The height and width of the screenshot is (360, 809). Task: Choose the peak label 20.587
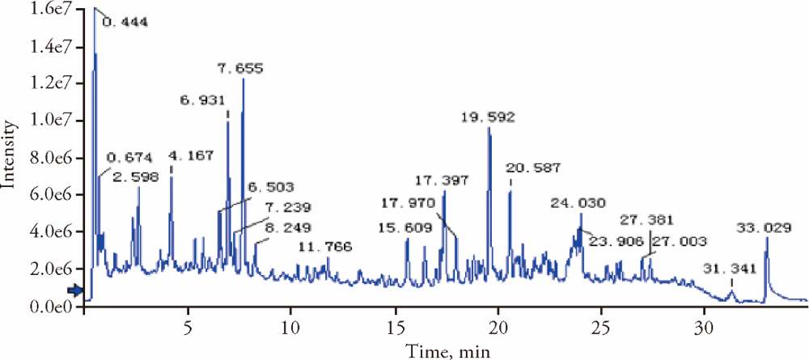[x=533, y=168]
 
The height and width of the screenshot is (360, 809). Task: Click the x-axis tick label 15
[x=395, y=332]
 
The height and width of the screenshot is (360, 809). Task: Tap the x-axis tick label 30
[x=704, y=332]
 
